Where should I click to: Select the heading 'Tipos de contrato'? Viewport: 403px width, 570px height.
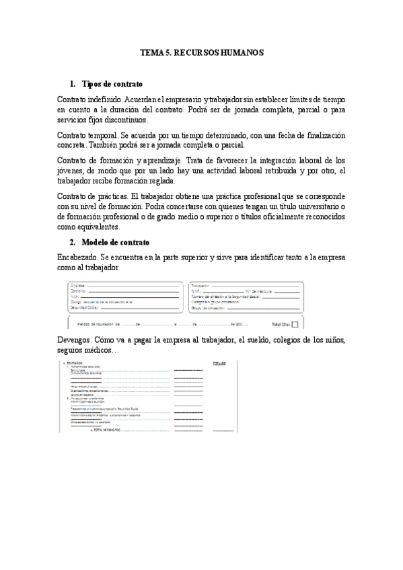[112, 85]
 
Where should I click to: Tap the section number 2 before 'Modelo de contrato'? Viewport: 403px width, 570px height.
[73, 242]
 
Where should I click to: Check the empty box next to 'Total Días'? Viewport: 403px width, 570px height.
[297, 323]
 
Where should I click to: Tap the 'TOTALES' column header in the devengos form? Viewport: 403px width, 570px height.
[220, 364]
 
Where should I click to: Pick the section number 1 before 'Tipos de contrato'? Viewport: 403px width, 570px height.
[73, 85]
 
